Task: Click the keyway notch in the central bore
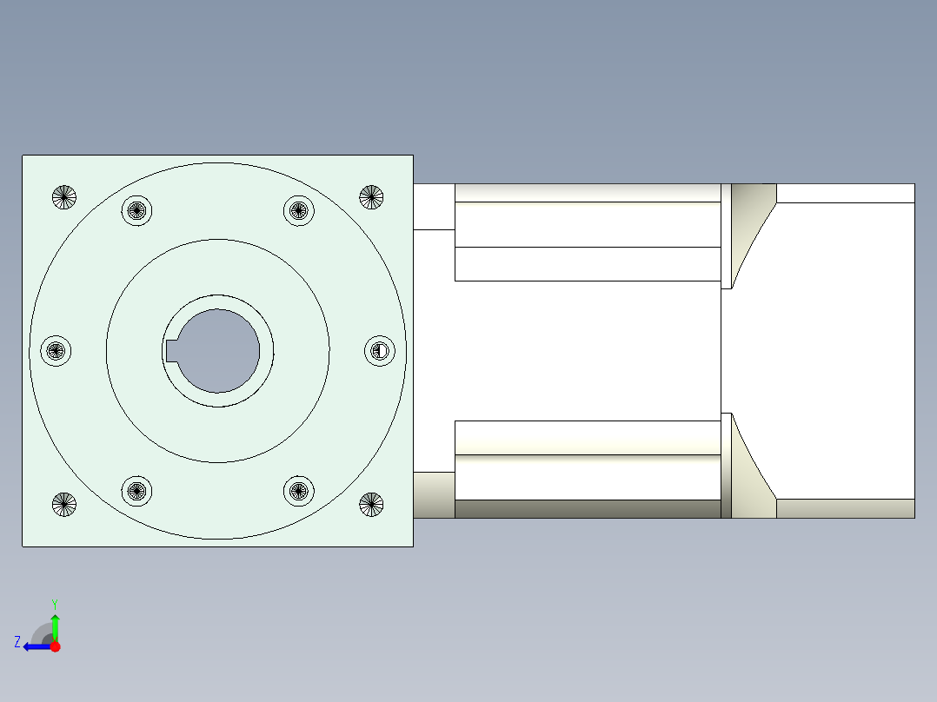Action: pos(171,350)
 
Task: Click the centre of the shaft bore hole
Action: pos(219,350)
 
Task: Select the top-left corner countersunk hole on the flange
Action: pos(64,197)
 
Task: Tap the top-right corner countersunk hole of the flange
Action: pos(371,197)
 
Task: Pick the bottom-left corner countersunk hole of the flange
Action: pos(64,504)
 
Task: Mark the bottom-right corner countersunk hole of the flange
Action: pos(371,504)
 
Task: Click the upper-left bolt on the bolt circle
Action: pos(136,210)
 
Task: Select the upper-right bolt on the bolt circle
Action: pos(298,210)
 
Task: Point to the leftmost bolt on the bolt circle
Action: pos(56,351)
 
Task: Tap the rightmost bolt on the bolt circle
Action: pos(379,351)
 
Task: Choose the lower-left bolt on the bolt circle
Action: pos(136,491)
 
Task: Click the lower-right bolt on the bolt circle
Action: pos(298,491)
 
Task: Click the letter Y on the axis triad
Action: pos(54,603)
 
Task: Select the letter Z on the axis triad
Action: pos(17,642)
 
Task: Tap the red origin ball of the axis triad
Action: pos(55,646)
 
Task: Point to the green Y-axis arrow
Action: pos(55,626)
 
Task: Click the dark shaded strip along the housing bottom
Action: pos(588,509)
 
